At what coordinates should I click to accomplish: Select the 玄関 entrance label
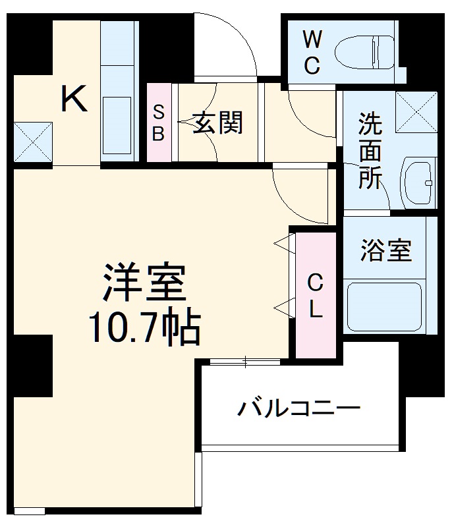pos(217,122)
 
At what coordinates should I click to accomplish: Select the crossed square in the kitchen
pos(32,141)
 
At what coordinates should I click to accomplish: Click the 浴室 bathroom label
pos(386,250)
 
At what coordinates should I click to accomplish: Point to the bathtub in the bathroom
pos(384,306)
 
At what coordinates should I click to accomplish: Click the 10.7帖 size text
pos(144,327)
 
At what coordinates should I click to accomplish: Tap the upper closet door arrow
pos(281,244)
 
